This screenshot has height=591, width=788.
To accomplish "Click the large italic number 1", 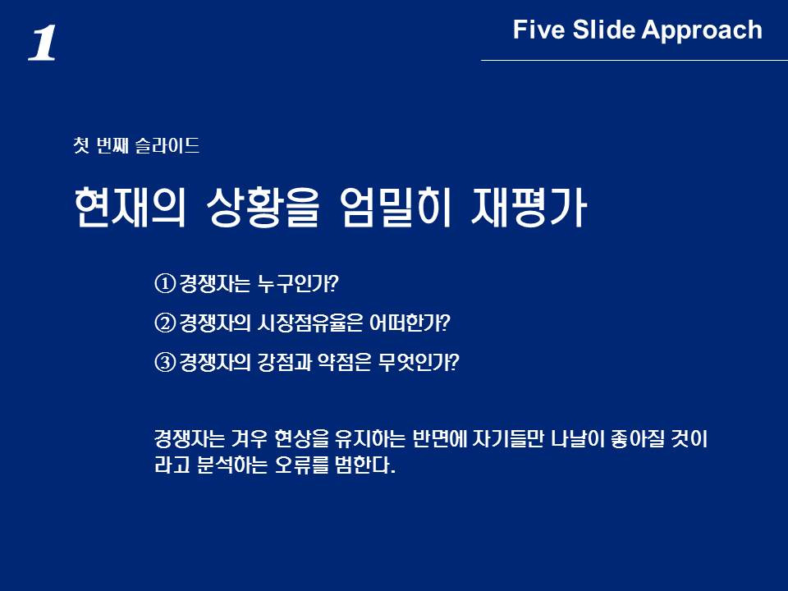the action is pos(42,44).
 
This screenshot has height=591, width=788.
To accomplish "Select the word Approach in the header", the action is pos(702,31).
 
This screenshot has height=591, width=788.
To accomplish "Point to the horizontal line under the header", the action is pos(635,60).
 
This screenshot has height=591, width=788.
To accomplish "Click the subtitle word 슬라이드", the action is pos(167,146).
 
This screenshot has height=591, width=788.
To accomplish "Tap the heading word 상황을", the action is pos(263,207).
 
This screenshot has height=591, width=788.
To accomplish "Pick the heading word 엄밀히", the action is pos(395,207).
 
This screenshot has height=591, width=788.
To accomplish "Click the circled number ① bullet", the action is pos(165,284).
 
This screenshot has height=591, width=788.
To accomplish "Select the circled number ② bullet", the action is pos(165,323).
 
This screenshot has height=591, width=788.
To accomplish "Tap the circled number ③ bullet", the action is pos(165,362).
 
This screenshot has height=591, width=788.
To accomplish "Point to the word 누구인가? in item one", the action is pos(297,284).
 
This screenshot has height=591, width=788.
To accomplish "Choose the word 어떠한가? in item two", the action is pos(410,323).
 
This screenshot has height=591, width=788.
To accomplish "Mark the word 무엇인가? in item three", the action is pos(419,362).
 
